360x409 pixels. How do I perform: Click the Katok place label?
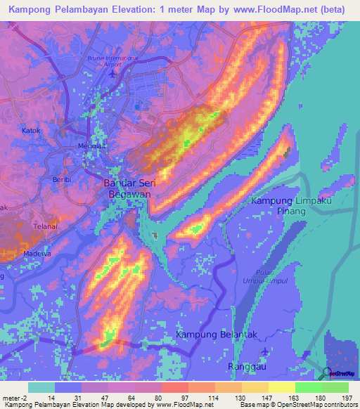(31, 130)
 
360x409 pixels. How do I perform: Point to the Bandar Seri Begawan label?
(130, 190)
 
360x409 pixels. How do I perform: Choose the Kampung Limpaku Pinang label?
(290, 206)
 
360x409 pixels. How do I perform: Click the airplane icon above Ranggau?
(264, 351)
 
